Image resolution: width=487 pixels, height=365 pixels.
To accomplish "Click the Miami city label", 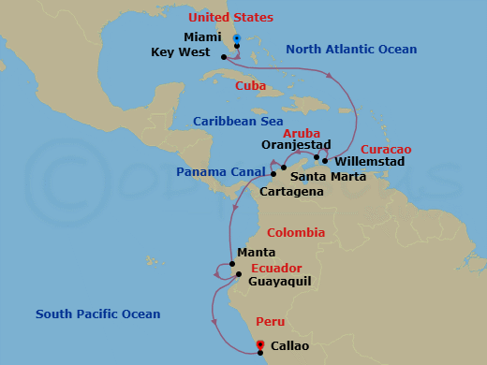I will pyautogui.click(x=203, y=37).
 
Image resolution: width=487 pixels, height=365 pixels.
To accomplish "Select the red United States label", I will pyautogui.click(x=230, y=18).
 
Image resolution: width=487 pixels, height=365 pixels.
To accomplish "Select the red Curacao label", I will pyautogui.click(x=386, y=150).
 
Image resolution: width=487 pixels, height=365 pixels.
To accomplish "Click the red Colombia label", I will pyautogui.click(x=296, y=233).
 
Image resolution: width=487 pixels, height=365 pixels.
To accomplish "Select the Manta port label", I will pyautogui.click(x=256, y=253).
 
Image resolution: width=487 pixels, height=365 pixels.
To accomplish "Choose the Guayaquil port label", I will pyautogui.click(x=280, y=281).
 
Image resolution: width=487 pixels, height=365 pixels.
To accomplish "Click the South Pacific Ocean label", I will pyautogui.click(x=98, y=314).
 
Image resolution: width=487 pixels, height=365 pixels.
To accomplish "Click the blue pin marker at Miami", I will pyautogui.click(x=237, y=39).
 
